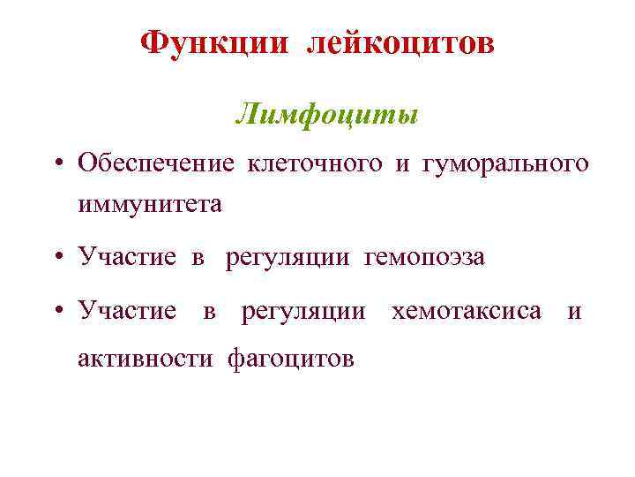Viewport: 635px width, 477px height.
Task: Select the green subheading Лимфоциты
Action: [x=326, y=116]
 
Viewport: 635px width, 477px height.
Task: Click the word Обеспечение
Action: [x=155, y=163]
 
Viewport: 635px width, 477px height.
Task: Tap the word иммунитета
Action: [x=150, y=204]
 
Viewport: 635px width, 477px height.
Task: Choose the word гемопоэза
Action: [x=434, y=258]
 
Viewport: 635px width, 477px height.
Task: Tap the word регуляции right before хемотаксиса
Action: [x=303, y=311]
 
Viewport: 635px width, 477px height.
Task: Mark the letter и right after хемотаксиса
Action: [x=574, y=312]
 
